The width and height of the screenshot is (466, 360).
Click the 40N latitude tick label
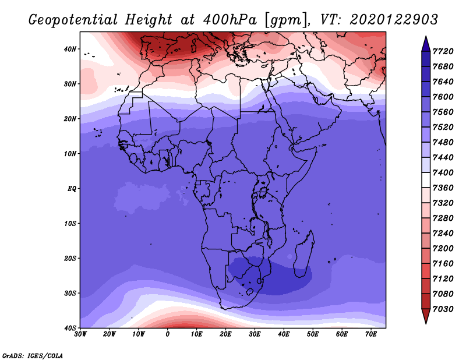pos(70,49)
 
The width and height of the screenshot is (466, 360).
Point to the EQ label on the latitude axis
pos(72,189)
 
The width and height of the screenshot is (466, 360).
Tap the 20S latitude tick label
pos(70,258)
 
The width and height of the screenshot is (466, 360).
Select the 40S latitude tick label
pos(70,328)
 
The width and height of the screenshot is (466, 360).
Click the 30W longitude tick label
pos(80,334)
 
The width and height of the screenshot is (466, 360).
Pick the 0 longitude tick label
pos(167,334)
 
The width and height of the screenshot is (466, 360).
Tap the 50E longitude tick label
pos(313,334)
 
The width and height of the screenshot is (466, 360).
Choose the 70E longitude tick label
pos(370,334)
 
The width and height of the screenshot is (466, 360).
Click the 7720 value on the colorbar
pos(443,51)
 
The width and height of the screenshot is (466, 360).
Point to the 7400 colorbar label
pos(443,172)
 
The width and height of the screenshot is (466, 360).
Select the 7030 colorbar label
pos(443,309)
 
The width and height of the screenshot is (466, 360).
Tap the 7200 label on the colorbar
pos(443,249)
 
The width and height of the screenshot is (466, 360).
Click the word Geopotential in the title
pos(73,20)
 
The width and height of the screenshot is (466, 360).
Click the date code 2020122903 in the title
pos(394,20)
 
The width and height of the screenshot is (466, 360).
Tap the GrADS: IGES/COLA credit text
pos(33,356)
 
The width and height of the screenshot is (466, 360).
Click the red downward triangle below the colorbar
pos(426,316)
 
